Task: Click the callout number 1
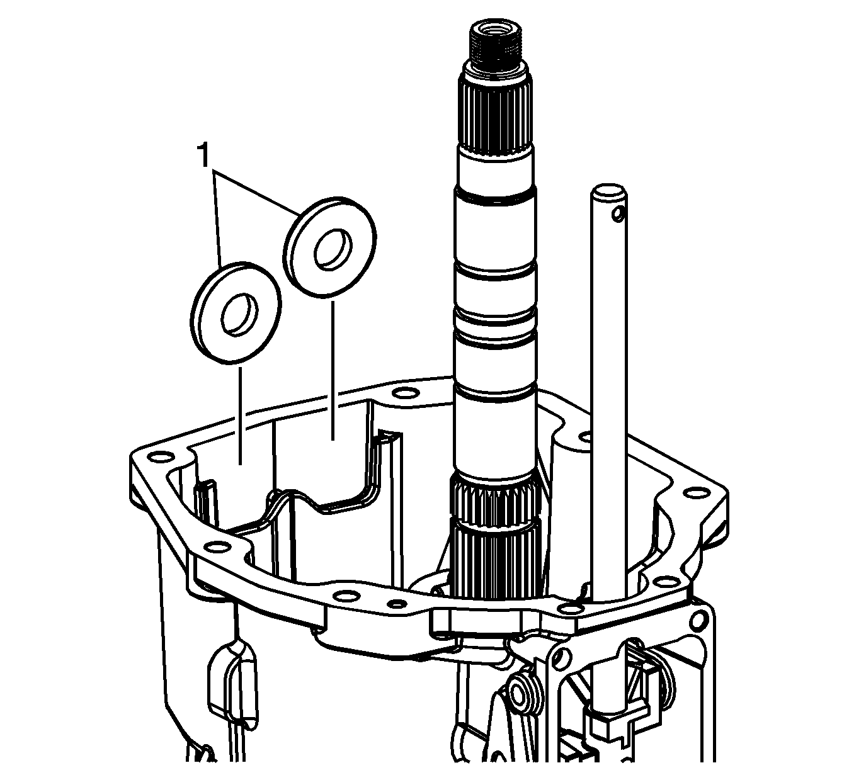203,155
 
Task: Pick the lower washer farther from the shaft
236,312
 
